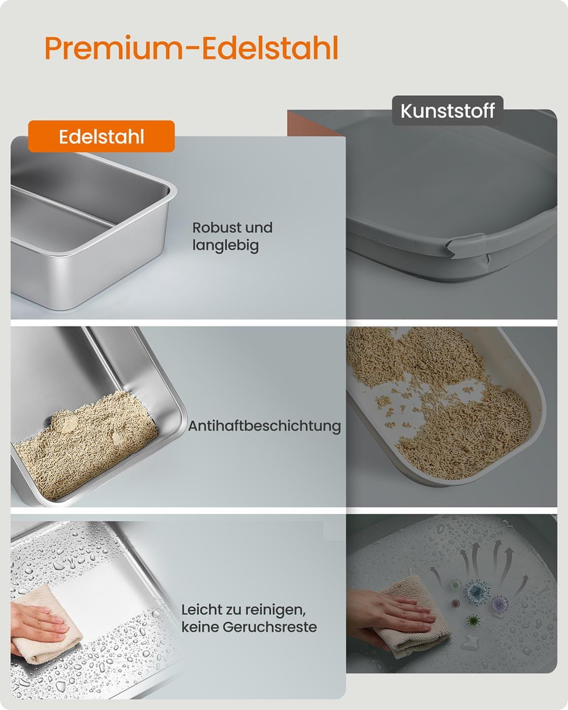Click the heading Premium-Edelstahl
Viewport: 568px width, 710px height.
click(x=191, y=48)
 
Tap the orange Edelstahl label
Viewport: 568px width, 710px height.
click(x=101, y=136)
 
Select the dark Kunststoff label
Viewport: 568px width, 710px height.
click(x=447, y=111)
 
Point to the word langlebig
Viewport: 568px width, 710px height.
click(x=225, y=246)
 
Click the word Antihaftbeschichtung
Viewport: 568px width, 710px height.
click(x=264, y=426)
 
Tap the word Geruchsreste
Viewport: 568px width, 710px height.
click(x=270, y=627)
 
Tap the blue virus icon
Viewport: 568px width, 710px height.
click(x=477, y=592)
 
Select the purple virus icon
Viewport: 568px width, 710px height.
click(x=500, y=603)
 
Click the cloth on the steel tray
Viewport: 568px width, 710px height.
click(x=50, y=627)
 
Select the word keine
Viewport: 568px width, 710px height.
click(x=199, y=627)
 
